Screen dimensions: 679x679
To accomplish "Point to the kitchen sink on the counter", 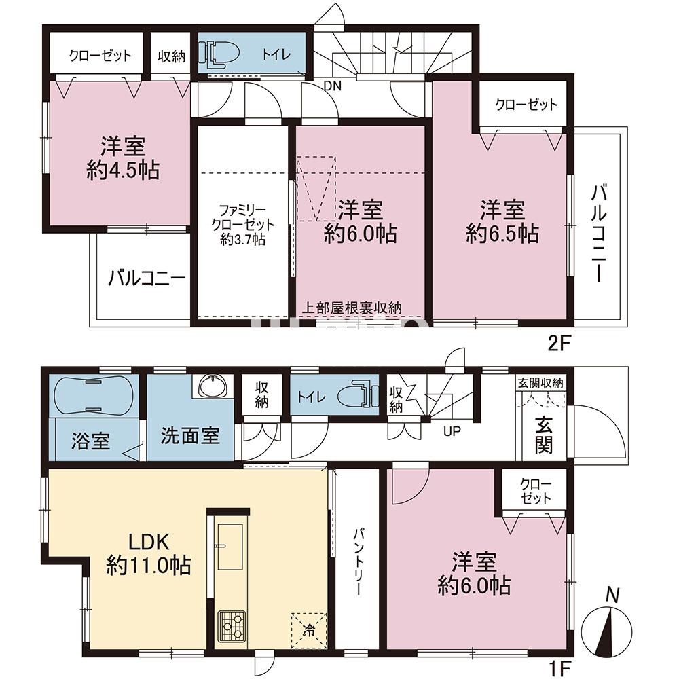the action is [230, 547].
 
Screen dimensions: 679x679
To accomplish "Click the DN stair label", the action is [333, 86].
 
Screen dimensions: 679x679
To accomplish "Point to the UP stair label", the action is [452, 431].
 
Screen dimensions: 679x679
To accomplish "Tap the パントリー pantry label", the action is [358, 561].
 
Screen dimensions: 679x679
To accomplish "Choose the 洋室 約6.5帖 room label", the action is [502, 221].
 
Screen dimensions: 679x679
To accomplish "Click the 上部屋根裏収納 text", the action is [352, 308].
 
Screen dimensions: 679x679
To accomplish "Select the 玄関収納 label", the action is [541, 383].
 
